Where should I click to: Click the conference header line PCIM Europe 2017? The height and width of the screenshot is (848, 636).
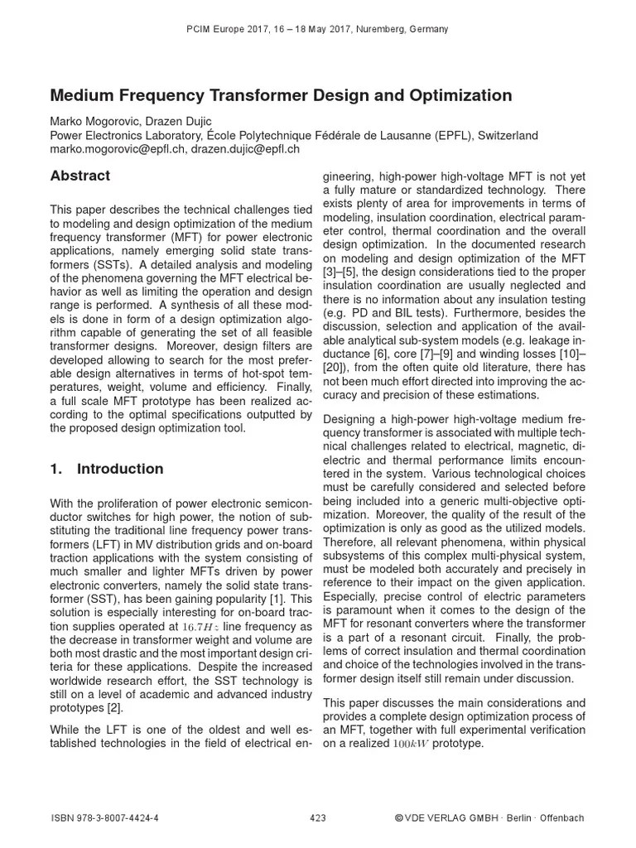tap(319, 29)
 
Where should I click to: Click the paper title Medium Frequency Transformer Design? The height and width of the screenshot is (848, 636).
tap(281, 96)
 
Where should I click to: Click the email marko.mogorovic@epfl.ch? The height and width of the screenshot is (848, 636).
tap(118, 149)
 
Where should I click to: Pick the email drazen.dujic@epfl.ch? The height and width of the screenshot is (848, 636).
tap(245, 149)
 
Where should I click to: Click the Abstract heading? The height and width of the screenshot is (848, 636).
tap(80, 176)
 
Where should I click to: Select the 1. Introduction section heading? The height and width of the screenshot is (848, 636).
tap(107, 469)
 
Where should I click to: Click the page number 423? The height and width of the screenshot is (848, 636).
tap(318, 818)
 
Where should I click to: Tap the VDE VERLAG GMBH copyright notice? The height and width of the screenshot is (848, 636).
tap(489, 818)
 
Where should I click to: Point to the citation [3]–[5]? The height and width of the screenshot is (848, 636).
tap(341, 272)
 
